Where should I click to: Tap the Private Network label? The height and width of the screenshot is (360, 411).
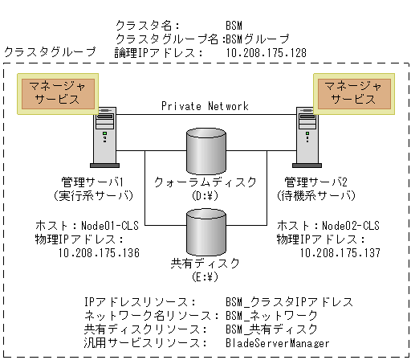tap(205, 106)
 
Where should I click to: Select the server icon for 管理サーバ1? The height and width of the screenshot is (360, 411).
tap(104, 139)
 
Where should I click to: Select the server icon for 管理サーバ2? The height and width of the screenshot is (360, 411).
tap(305, 139)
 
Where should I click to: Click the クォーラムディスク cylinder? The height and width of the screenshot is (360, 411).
tap(206, 147)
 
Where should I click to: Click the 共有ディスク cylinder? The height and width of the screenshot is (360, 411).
tap(206, 230)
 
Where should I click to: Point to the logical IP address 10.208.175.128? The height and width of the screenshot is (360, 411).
tap(266, 52)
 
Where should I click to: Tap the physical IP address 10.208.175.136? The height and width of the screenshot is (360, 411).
tap(100, 252)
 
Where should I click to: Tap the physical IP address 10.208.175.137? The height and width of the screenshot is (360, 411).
tap(340, 252)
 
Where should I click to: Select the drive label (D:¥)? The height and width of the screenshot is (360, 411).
tap(205, 194)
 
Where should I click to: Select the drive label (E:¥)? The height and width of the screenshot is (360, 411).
tap(205, 278)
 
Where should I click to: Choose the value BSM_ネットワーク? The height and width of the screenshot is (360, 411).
tap(272, 315)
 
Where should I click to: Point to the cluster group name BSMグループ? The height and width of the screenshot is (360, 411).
tap(258, 38)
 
